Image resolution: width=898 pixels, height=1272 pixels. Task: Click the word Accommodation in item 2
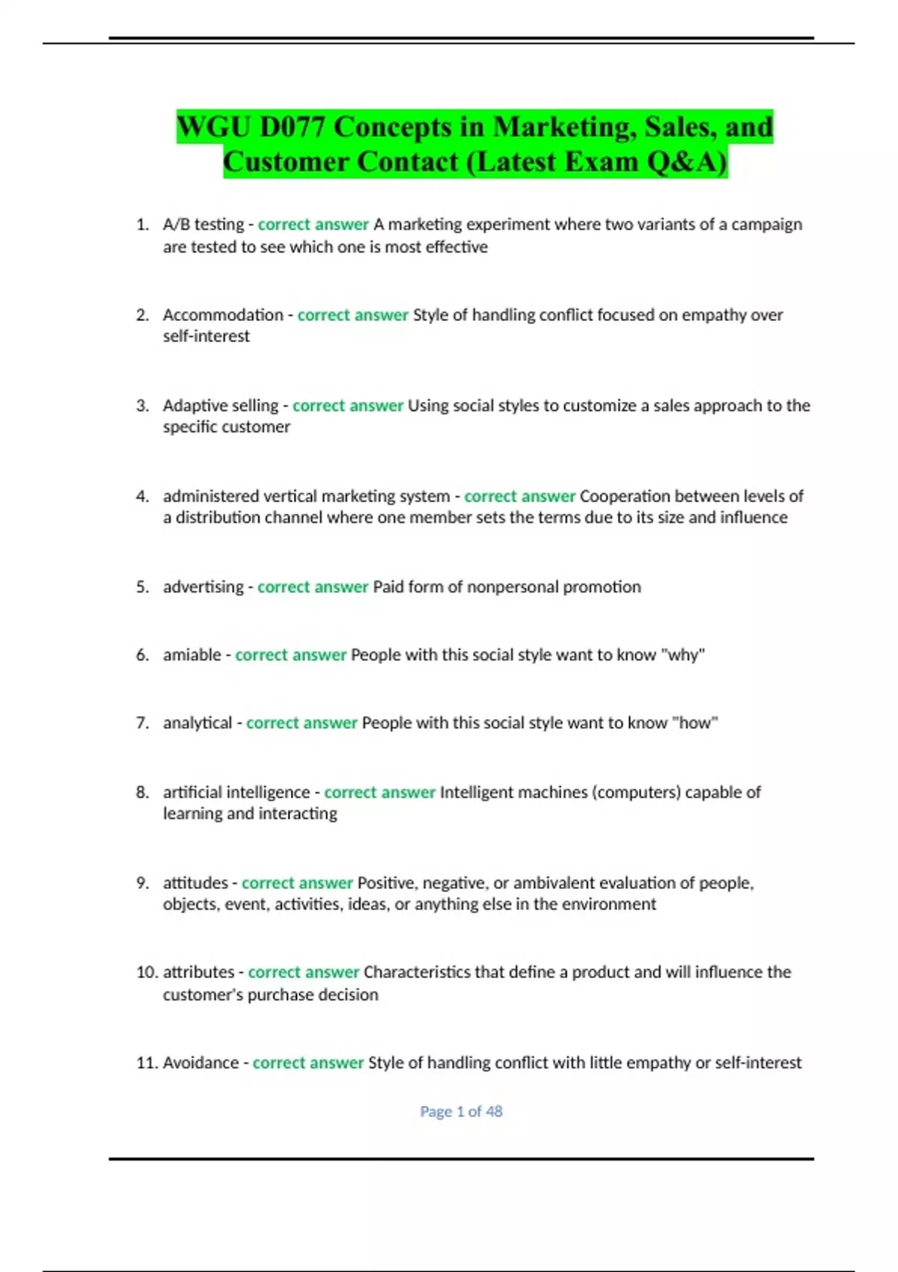pos(223,315)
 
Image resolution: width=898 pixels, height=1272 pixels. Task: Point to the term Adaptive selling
pos(221,406)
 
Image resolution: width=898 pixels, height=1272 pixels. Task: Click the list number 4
pos(142,496)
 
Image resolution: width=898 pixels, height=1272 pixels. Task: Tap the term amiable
pos(192,655)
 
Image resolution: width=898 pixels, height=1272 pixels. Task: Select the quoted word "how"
pos(695,723)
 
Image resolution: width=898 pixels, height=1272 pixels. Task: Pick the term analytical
pos(198,723)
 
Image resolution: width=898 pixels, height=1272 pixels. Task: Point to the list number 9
pos(142,883)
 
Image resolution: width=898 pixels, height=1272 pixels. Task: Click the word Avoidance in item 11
pos(201,1062)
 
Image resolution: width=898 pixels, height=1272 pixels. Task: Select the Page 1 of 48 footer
pos(461,1112)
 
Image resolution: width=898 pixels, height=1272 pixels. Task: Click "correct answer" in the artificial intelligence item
pos(379,792)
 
